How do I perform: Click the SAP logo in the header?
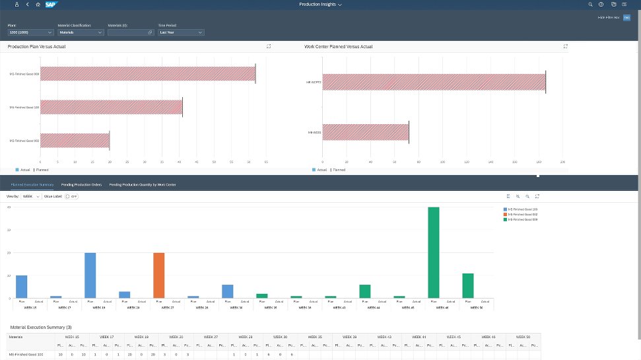coord(50,4)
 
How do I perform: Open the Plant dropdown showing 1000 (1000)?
coord(30,32)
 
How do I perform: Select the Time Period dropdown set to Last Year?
coord(181,32)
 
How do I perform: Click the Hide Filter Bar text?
coord(608,17)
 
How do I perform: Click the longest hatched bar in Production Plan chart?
coord(148,74)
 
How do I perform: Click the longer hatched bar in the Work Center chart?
coord(434,83)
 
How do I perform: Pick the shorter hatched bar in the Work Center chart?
coord(366,133)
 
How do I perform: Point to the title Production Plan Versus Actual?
coord(36,47)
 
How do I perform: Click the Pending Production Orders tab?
coord(81,185)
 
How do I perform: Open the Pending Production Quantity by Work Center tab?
coord(142,185)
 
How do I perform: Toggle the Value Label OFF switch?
coord(71,197)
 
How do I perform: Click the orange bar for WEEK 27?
coord(158,275)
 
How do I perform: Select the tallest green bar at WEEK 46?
coord(434,252)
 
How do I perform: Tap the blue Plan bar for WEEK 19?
coord(90,275)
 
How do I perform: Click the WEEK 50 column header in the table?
coord(523,336)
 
